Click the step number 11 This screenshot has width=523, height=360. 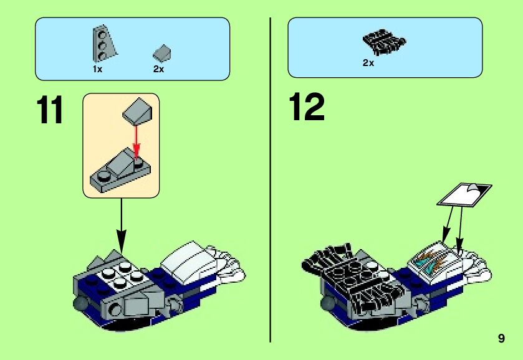pos(50,110)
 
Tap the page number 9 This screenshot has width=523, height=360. pos(501,339)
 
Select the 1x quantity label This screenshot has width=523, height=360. pos(97,69)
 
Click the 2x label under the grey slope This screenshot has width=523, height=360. pos(158,69)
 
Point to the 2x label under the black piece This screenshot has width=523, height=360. pos(368,63)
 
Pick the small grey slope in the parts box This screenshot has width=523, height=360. pos(162,52)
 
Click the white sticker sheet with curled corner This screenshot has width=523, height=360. pos(464,194)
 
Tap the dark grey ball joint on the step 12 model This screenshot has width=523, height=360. pos(327,304)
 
